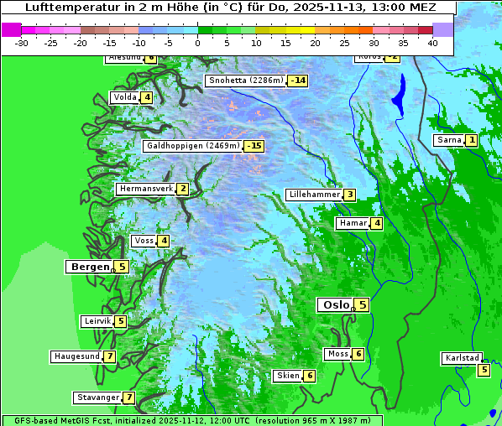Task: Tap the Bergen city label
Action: pyautogui.click(x=90, y=267)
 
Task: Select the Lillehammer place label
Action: pyautogui.click(x=314, y=195)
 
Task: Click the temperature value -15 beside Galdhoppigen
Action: pyautogui.click(x=254, y=146)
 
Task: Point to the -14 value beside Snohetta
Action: pyautogui.click(x=297, y=81)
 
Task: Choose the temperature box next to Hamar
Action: pyautogui.click(x=377, y=223)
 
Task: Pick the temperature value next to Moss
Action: pyautogui.click(x=358, y=354)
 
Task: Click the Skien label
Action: pyautogui.click(x=288, y=376)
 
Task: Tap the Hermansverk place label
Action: pyautogui.click(x=145, y=189)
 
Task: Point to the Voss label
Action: pyautogui.click(x=144, y=241)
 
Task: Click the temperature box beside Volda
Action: pyautogui.click(x=147, y=97)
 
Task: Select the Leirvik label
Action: pyautogui.click(x=97, y=321)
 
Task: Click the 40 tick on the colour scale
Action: pyautogui.click(x=432, y=42)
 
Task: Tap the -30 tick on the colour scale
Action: pyautogui.click(x=22, y=42)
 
